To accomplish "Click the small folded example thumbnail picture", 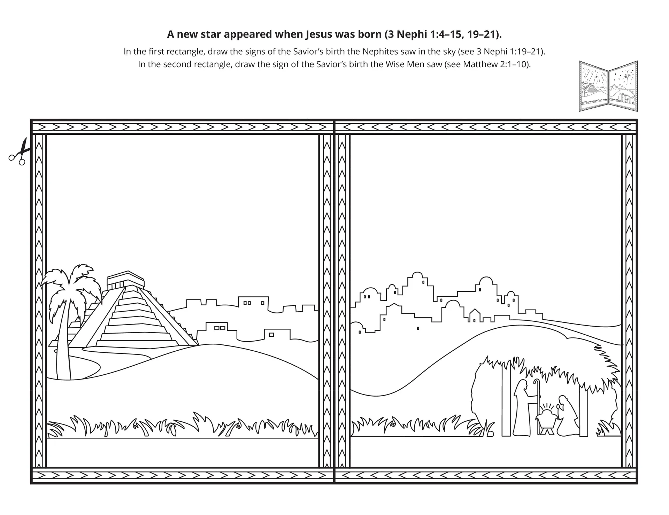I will click(608, 86).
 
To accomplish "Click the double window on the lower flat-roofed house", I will click(220, 328).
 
